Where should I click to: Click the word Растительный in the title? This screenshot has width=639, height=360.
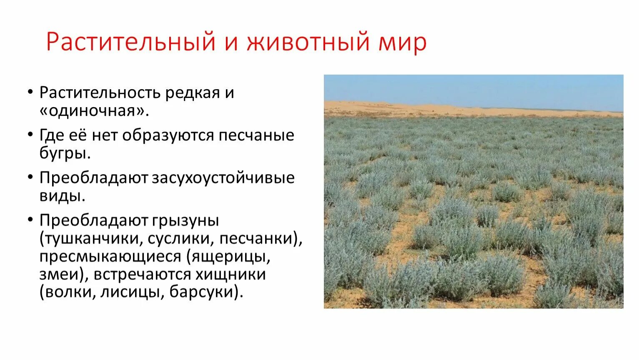coord(130,42)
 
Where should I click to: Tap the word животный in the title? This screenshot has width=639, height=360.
coord(308,42)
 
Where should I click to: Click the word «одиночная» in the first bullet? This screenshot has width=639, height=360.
coord(94,110)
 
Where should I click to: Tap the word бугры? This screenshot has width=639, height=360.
coord(65,153)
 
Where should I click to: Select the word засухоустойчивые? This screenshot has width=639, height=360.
coord(223,178)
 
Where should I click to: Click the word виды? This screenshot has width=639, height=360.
coord(62,195)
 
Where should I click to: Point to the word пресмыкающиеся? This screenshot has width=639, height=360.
coord(110,256)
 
